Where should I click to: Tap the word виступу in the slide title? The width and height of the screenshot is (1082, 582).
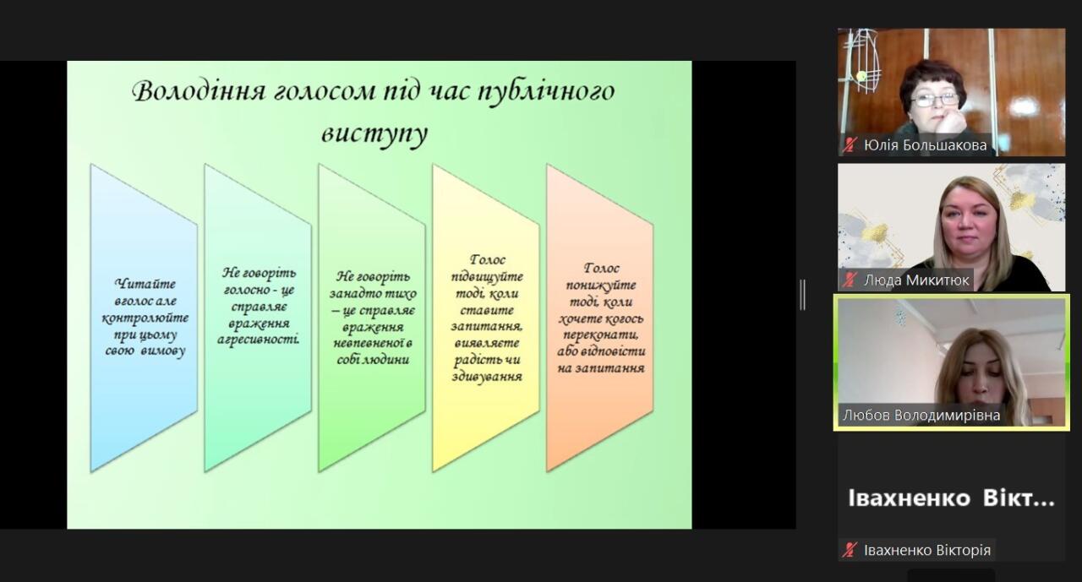click(x=374, y=133)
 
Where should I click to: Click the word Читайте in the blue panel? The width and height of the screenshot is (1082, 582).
click(x=145, y=285)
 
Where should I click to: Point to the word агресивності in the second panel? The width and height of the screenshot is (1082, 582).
click(x=258, y=340)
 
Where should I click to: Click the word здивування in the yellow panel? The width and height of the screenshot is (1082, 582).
click(x=487, y=377)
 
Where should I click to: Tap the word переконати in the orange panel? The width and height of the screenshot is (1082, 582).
click(x=601, y=335)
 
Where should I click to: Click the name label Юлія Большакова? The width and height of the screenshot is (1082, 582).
click(x=925, y=144)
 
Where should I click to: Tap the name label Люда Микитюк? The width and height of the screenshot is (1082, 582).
click(x=916, y=280)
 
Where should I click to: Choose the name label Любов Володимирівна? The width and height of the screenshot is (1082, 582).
click(x=921, y=415)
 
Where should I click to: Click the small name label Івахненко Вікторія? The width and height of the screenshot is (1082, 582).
click(x=927, y=550)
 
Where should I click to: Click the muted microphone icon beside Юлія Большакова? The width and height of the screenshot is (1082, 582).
click(x=850, y=145)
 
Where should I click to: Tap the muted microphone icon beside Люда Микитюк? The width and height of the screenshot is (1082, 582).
click(x=850, y=280)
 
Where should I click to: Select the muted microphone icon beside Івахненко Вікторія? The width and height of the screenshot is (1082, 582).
click(x=850, y=550)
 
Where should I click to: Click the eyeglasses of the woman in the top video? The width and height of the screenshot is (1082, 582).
click(x=935, y=101)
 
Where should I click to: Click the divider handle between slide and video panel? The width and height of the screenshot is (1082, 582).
click(x=802, y=294)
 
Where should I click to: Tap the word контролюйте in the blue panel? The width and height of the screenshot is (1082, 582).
click(x=145, y=318)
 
